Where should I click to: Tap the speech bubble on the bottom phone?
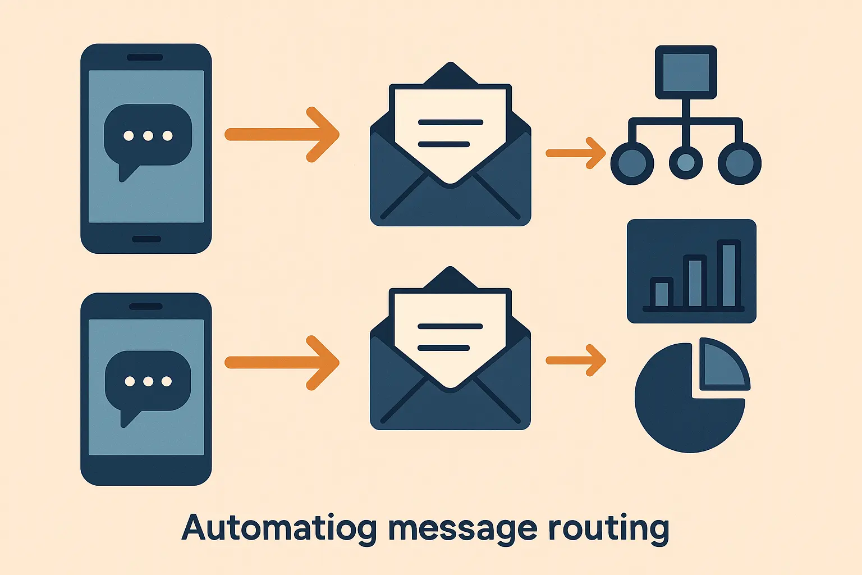tap(148, 382)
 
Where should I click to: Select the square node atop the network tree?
tap(686, 72)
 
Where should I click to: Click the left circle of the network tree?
tap(632, 163)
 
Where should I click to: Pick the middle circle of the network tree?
tap(686, 163)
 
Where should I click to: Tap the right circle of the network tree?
tap(739, 163)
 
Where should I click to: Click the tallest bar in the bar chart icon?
tap(729, 274)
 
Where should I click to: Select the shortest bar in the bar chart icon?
tap(662, 293)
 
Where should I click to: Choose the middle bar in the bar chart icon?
tap(695, 281)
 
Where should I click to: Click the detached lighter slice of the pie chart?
tap(723, 365)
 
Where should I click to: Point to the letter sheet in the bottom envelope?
tap(451, 335)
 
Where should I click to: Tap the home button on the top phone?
tap(146, 239)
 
